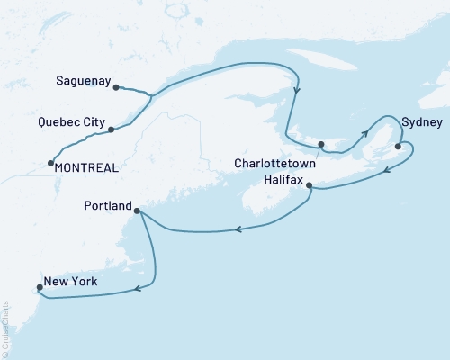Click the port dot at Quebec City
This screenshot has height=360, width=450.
click(111, 130)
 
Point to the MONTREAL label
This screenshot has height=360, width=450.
click(87, 166)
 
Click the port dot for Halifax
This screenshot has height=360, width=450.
click(310, 186)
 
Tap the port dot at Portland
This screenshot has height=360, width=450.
click(136, 211)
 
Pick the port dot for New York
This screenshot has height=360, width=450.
click(38, 288)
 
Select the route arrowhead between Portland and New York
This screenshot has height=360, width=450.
click(138, 288)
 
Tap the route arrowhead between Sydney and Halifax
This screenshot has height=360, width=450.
click(385, 169)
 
